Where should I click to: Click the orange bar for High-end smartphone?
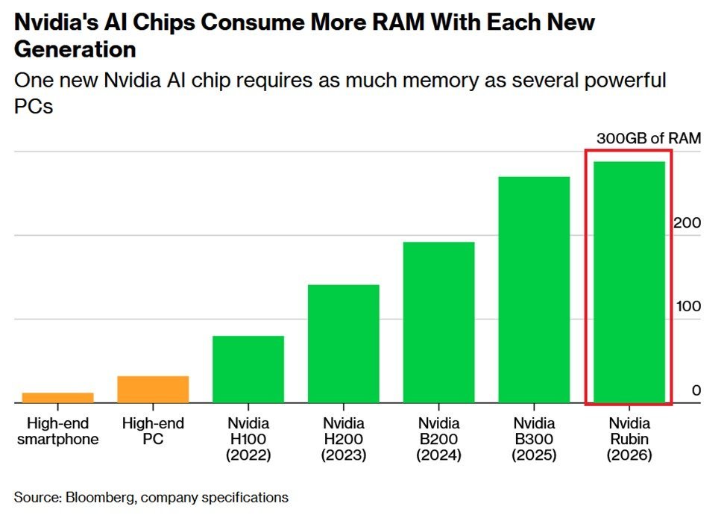(x=57, y=397)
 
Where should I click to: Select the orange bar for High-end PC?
(x=153, y=389)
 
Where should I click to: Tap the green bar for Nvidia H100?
(x=248, y=369)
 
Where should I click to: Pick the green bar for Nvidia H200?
(x=343, y=343)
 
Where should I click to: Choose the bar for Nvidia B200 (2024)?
(x=438, y=322)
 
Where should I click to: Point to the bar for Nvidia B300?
(x=534, y=290)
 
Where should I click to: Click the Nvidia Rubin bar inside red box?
(x=629, y=282)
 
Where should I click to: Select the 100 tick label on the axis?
(x=688, y=307)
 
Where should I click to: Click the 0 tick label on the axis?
(x=696, y=390)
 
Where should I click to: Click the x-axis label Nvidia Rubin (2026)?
(x=629, y=439)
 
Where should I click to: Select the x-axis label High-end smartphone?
(x=57, y=431)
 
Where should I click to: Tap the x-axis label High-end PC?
(x=153, y=431)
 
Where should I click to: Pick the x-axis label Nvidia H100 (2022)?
(x=248, y=439)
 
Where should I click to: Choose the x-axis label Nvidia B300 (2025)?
(x=534, y=439)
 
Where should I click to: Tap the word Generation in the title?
(x=75, y=49)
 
